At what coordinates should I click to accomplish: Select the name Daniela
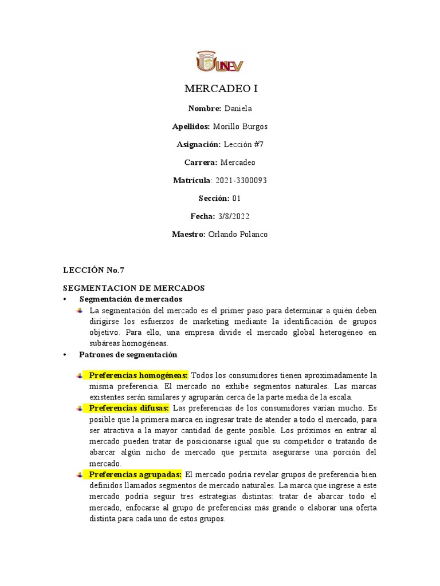tap(238, 109)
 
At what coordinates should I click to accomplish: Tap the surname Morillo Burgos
tap(240, 126)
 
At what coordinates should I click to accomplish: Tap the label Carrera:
tap(201, 163)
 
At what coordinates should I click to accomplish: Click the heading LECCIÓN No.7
tap(93, 270)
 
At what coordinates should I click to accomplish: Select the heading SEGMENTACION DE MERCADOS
tap(133, 288)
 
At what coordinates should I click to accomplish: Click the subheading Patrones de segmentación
tap(128, 355)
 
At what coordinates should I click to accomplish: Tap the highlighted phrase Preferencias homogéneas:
tap(139, 375)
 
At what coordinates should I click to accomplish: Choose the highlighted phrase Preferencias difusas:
tap(129, 408)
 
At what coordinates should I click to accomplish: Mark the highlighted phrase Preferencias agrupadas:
tap(135, 474)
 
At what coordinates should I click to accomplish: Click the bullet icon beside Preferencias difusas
tap(80, 409)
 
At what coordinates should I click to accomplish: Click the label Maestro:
tap(188, 235)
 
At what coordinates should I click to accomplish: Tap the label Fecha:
tap(202, 216)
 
